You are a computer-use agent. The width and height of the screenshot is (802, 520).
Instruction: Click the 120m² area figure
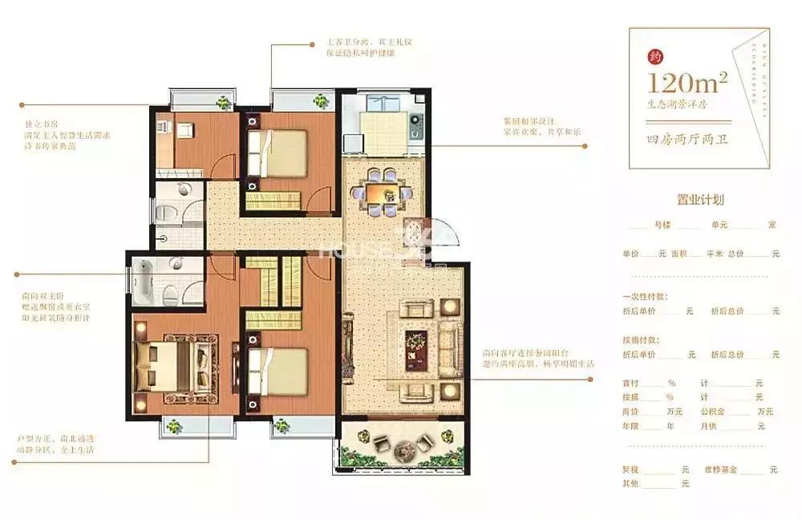(689, 82)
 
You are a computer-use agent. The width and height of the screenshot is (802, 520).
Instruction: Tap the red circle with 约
(655, 57)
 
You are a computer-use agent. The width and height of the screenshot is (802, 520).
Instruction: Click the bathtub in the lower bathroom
(147, 281)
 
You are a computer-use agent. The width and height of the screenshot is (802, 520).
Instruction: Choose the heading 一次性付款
(644, 295)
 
